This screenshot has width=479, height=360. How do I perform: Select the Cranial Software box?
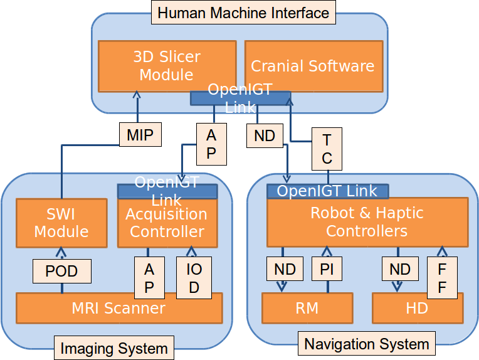pos(313,65)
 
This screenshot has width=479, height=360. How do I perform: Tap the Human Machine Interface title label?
pos(243,13)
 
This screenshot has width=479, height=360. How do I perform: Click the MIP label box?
pos(140,135)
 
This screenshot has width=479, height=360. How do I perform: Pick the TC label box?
pos(327,149)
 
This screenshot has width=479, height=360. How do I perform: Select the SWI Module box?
pos(61,222)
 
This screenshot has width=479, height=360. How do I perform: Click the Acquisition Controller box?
pos(167,223)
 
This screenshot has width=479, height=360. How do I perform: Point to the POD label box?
pos(62,271)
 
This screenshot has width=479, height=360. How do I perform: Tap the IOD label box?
pos(194,278)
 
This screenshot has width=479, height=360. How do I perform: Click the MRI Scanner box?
pos(119,308)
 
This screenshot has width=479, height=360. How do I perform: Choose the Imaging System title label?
pos(113,348)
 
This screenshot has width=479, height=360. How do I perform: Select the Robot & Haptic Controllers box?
pos(367,222)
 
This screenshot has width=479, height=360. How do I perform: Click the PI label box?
pos(327,270)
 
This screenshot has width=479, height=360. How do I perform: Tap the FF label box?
pos(442,278)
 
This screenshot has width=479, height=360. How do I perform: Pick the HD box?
pos(417,307)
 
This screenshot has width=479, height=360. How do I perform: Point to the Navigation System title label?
pos(366,344)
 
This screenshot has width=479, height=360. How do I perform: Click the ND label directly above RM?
pos(285,270)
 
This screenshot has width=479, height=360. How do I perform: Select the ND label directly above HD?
pos(400,270)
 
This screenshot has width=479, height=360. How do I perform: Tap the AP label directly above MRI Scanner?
pos(149,278)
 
